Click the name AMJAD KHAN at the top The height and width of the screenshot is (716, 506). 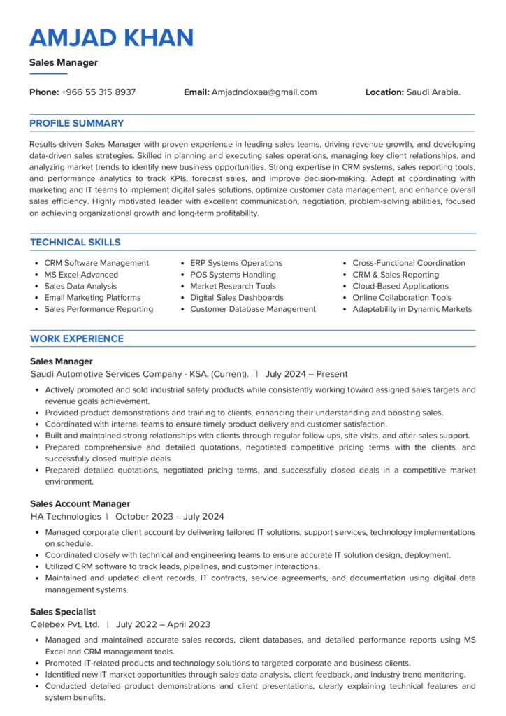tap(112, 38)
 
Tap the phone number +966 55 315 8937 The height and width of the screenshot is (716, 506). tap(99, 92)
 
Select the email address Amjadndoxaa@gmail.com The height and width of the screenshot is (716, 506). tap(264, 92)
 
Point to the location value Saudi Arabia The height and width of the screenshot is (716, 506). tap(433, 92)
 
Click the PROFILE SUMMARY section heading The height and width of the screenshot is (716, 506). tap(77, 124)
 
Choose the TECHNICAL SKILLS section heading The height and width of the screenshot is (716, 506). tap(75, 243)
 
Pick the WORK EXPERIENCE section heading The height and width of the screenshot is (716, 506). tap(77, 339)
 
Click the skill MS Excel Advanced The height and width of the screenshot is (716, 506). tap(81, 275)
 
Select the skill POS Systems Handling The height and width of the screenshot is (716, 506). tap(233, 275)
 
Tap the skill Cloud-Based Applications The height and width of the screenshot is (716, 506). tap(400, 286)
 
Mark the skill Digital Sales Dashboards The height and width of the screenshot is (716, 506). tap(237, 298)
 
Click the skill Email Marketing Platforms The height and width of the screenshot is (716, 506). tap(92, 298)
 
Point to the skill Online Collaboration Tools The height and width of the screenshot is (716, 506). tap(402, 298)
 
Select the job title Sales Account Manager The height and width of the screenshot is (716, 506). tap(80, 504)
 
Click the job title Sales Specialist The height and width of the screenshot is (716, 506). tap(63, 613)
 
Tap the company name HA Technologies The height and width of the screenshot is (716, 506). tap(66, 517)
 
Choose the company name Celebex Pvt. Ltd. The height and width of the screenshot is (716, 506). tap(65, 624)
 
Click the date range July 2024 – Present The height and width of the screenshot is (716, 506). tap(306, 374)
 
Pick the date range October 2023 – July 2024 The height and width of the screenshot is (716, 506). tap(170, 517)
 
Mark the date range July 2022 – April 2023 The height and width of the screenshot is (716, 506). tap(164, 624)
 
